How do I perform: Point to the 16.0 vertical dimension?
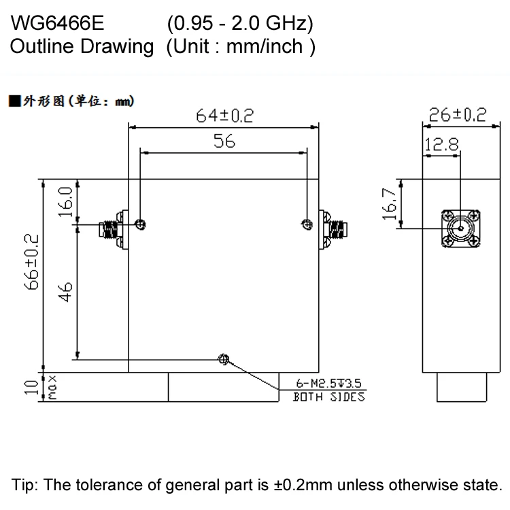coord(66,201)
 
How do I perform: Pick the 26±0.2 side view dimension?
coord(454,115)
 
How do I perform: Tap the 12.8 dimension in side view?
coord(442,144)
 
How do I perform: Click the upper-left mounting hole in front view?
coord(140,224)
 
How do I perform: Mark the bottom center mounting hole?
coord(222,359)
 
